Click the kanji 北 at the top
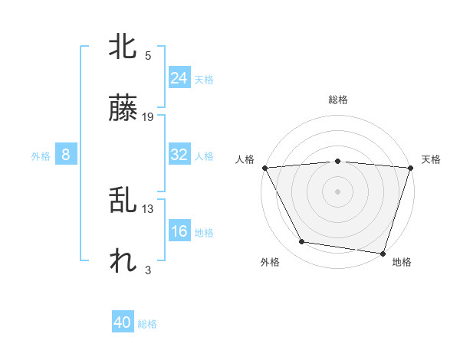(x=123, y=47)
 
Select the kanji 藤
(x=123, y=110)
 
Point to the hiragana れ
(x=123, y=262)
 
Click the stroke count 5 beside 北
(x=148, y=55)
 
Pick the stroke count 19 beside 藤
(x=148, y=117)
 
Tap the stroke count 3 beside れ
(x=148, y=270)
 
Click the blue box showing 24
(x=179, y=78)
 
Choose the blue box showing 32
(x=179, y=155)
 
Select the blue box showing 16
(x=179, y=231)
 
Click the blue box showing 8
(x=66, y=155)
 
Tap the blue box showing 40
(x=123, y=323)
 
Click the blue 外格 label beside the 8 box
(x=41, y=156)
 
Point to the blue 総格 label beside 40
(x=147, y=325)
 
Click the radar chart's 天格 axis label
(x=431, y=159)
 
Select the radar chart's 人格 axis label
(x=245, y=159)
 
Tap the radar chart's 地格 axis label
(x=402, y=262)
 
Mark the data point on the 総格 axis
(x=337, y=161)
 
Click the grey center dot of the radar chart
(x=337, y=191)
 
